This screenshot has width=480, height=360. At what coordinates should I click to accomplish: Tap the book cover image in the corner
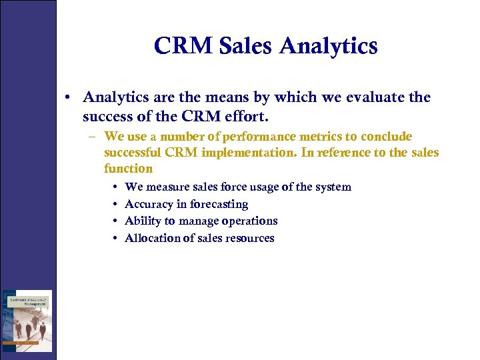(27, 321)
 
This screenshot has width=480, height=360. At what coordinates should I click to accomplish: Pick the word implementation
(241, 153)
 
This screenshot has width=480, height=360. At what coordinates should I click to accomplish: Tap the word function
(128, 169)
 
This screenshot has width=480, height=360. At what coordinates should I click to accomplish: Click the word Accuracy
(149, 205)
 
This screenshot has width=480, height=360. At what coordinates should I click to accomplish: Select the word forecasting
(219, 205)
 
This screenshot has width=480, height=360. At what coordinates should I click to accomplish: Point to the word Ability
(142, 221)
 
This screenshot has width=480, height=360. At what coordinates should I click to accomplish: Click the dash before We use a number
(94, 137)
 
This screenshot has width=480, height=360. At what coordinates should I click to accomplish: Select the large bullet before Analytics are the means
(69, 97)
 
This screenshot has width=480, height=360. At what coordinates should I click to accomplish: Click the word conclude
(387, 137)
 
